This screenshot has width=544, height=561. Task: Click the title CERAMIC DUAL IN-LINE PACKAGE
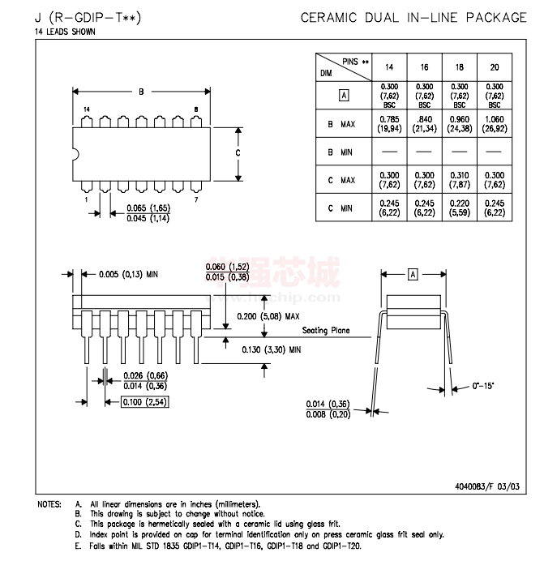pos(413,17)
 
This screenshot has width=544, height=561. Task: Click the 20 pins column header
pos(494,66)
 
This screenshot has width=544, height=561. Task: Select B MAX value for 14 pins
pos(389,123)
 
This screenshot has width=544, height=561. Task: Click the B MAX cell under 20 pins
pos(494,123)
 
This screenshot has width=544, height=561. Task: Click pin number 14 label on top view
pos(87,109)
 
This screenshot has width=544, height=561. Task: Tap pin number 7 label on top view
pos(195,199)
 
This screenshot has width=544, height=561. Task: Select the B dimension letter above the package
pos(141,92)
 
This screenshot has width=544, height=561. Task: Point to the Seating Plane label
pos(326,331)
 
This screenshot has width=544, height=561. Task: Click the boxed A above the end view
pos(412,275)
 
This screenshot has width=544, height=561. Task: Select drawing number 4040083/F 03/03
pos(490,486)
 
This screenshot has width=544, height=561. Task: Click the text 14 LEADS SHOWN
pos(65,32)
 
